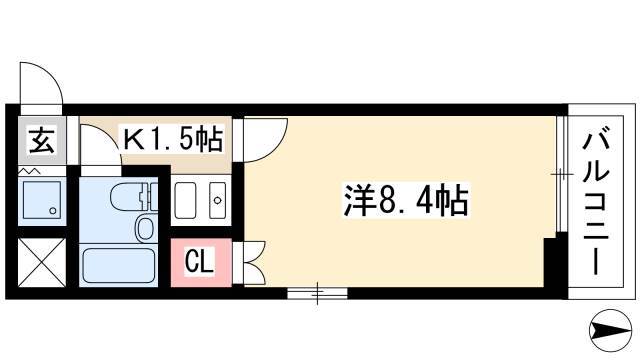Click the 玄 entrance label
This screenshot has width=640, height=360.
pos(42,140)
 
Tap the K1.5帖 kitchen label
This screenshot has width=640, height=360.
pos(173,139)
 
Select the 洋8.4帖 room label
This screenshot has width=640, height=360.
pos(405,200)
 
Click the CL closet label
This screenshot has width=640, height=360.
pos(199,261)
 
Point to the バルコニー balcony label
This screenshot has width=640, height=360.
pos(596,202)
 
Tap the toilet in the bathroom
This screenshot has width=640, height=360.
pos(134,197)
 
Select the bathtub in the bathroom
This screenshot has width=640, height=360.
pos(118,265)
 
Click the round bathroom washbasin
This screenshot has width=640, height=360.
pos(144,229)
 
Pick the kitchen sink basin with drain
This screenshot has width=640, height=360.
pos(218,200)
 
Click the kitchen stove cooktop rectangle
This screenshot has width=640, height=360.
pos(185,200)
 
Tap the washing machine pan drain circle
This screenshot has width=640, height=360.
pos(53,211)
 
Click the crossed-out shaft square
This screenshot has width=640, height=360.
pos(42,262)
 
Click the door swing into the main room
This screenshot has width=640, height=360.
pos(266,140)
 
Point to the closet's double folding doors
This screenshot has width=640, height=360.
pos(254,263)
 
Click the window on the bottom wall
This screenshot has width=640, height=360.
pos(317,293)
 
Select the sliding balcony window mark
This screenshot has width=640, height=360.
pos(560,175)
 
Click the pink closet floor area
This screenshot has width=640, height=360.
pos(201,262)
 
